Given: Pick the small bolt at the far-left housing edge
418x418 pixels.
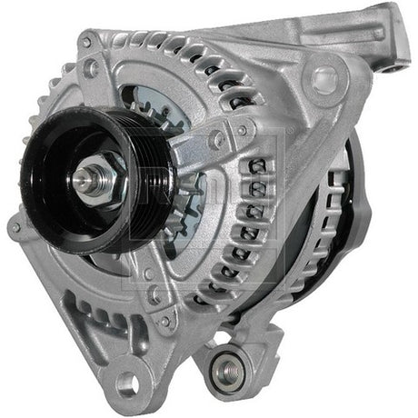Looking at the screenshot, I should [x=15, y=228].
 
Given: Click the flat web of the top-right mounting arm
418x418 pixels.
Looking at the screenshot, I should [x=359, y=36].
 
